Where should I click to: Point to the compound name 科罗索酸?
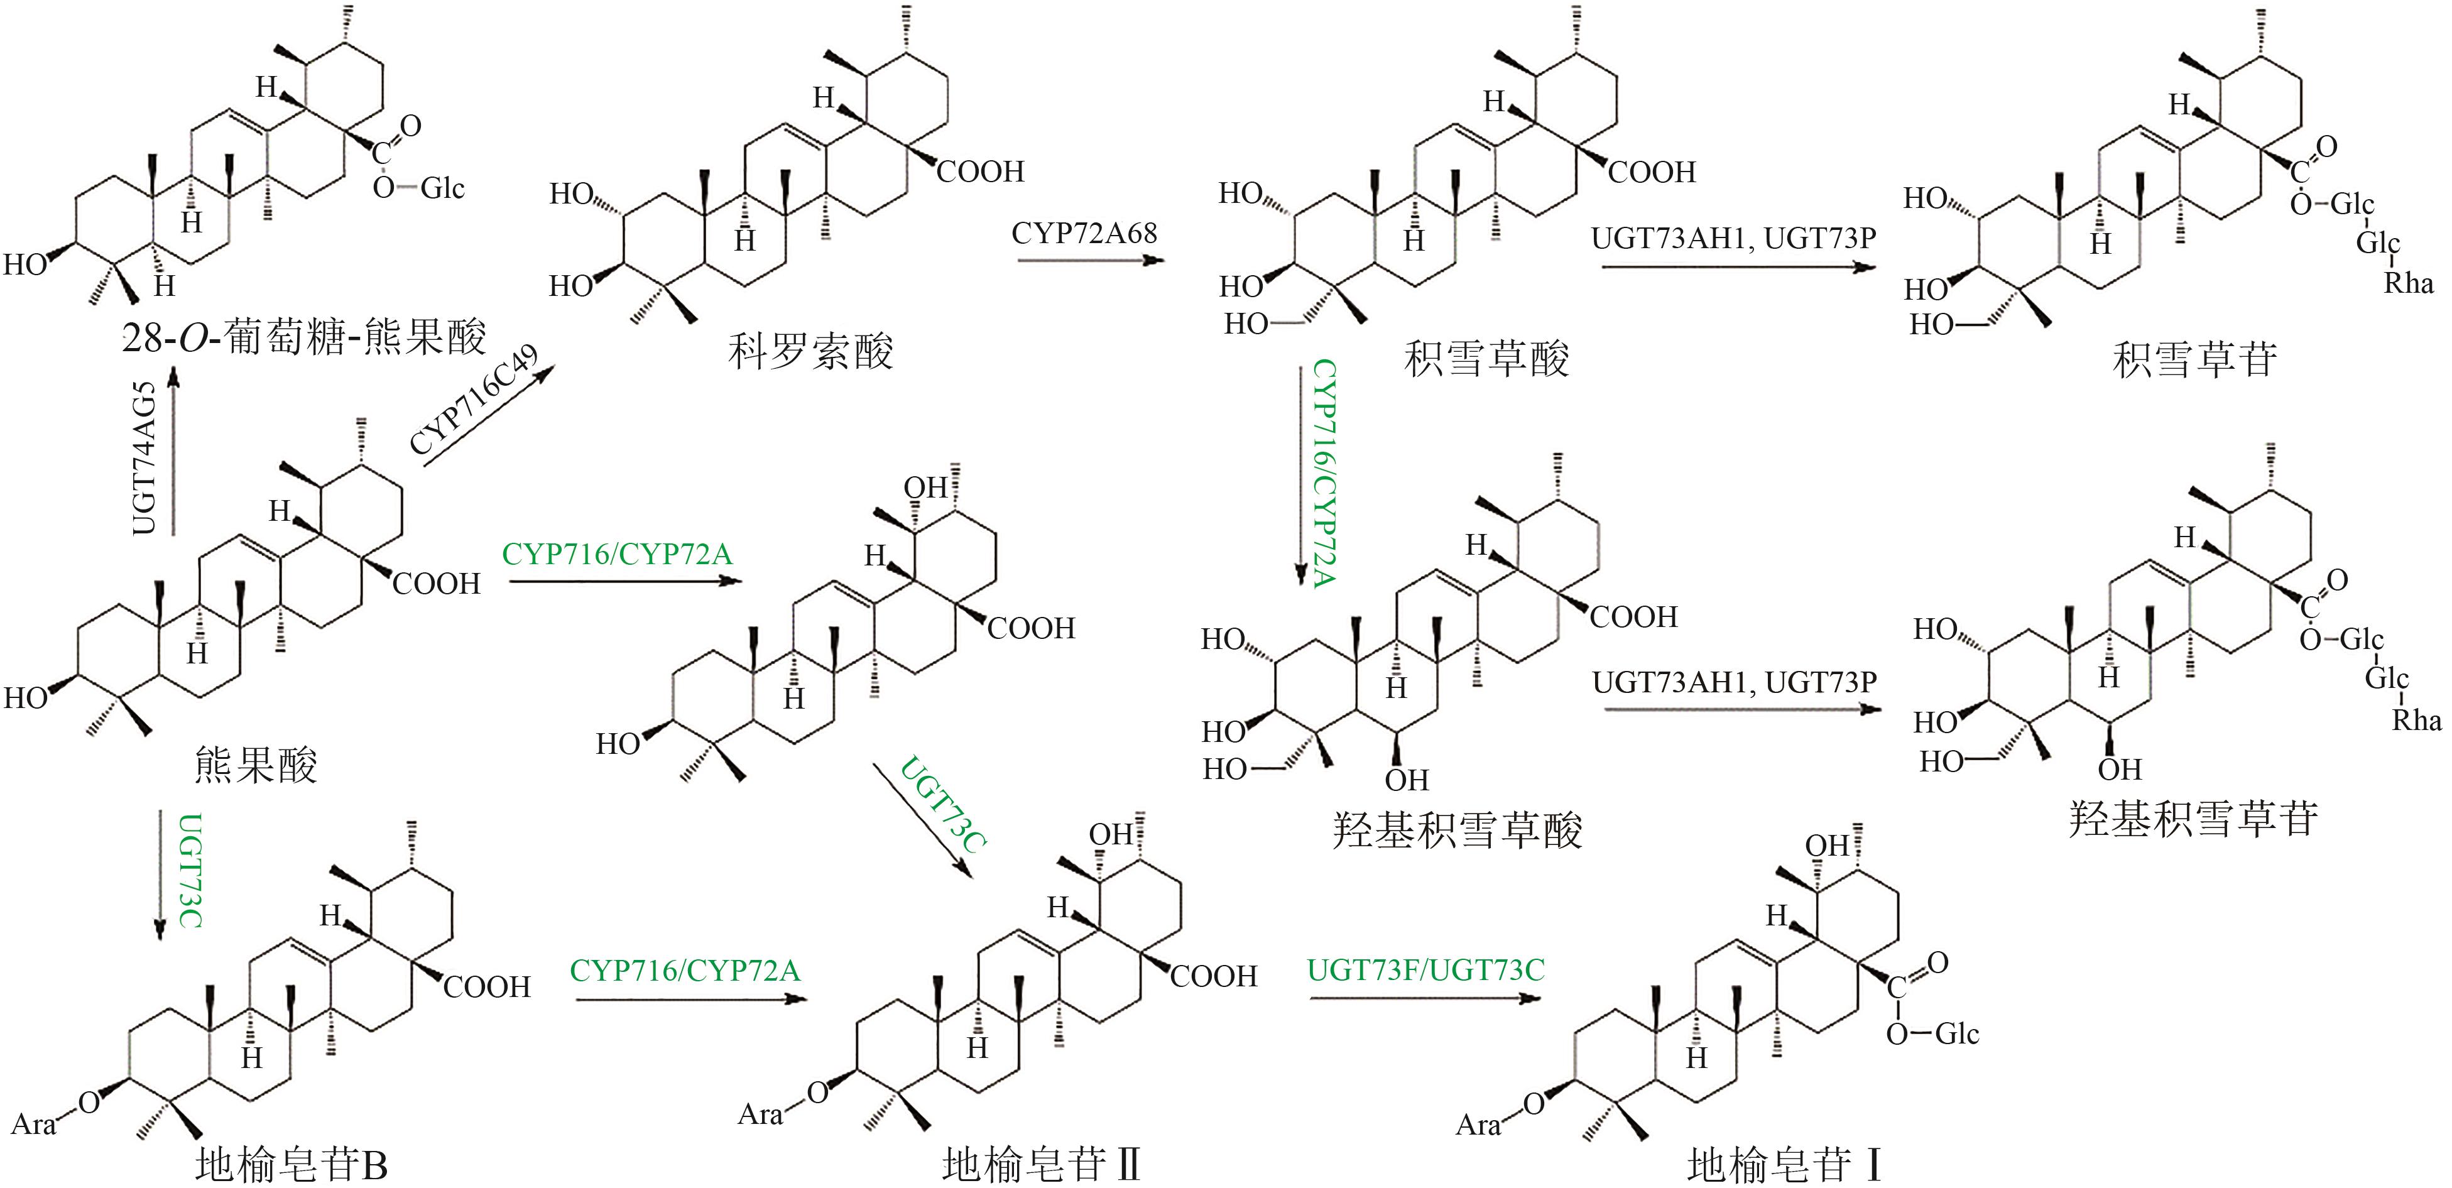(810, 352)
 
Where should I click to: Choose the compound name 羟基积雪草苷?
(2192, 819)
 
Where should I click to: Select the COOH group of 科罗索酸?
(981, 172)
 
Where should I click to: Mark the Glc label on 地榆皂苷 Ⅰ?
(1957, 1034)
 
